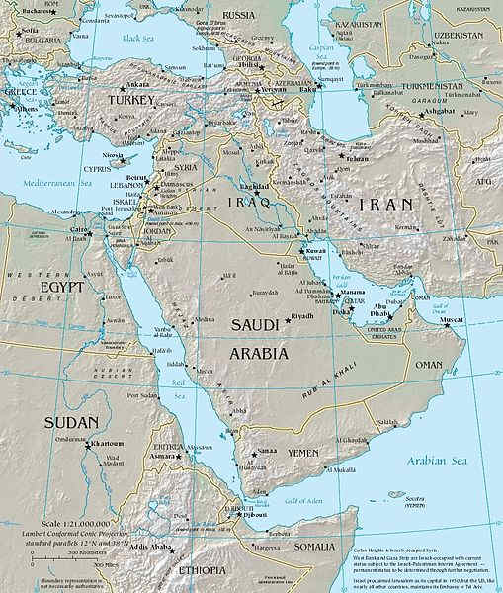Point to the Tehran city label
point(357,159)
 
